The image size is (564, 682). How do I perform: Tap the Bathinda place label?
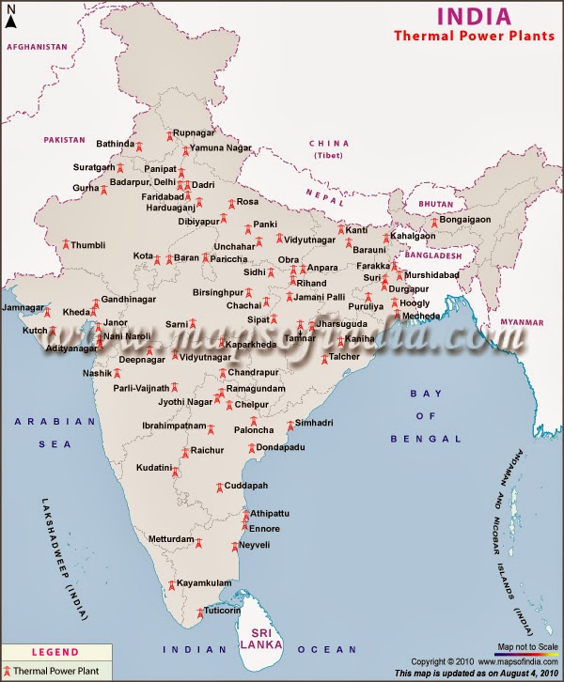point(116,144)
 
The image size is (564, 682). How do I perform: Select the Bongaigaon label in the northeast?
point(465,220)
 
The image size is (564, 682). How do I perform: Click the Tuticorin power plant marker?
point(199,614)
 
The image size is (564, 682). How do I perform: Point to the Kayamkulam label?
point(204,582)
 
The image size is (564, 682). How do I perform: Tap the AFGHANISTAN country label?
point(37,46)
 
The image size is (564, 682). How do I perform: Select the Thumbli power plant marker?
point(65,245)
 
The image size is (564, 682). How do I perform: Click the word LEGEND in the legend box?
point(55,652)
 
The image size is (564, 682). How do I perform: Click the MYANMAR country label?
point(522,321)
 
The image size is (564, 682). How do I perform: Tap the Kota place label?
point(143,256)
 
